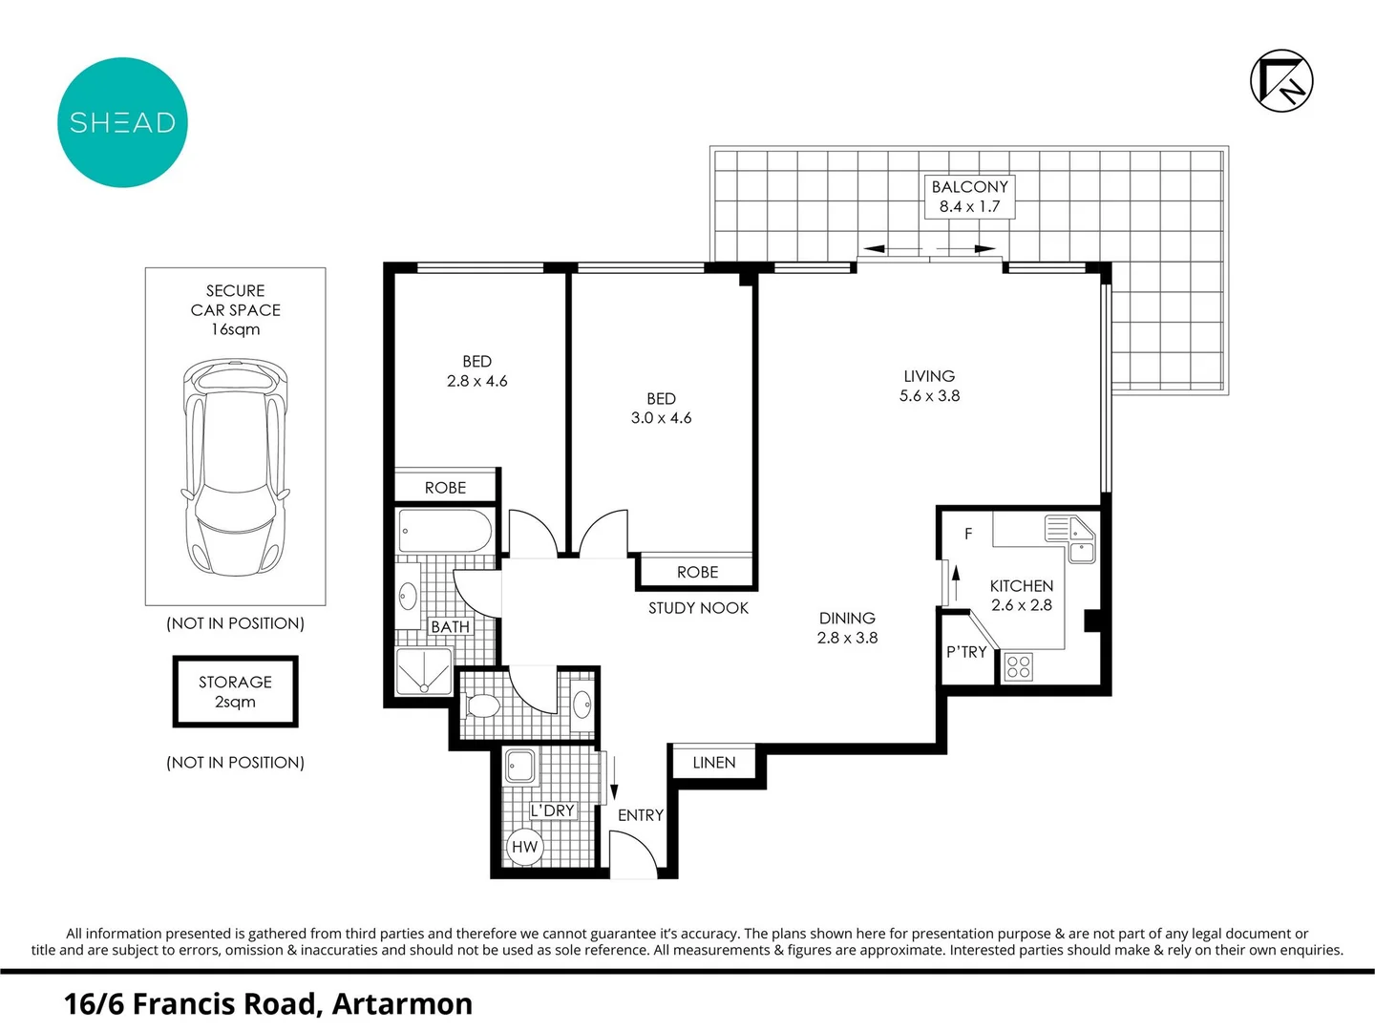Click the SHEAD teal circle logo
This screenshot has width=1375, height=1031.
(122, 122)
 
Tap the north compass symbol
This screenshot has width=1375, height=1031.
(1281, 81)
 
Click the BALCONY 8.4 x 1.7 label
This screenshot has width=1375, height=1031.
(969, 197)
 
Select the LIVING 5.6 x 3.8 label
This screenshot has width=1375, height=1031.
(929, 386)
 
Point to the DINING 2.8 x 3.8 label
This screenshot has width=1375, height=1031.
(847, 628)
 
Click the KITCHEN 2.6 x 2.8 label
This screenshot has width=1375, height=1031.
(1021, 595)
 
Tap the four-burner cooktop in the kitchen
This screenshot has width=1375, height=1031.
(1019, 666)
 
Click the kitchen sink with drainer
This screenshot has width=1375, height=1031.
(1070, 538)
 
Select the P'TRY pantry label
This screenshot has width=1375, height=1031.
(966, 652)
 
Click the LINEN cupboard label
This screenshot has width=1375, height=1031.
(714, 763)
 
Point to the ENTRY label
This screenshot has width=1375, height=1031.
(640, 815)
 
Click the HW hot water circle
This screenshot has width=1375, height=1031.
(524, 847)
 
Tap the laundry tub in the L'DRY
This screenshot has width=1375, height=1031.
(520, 766)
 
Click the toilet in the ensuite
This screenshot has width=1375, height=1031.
(482, 706)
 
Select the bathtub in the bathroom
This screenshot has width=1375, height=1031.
(445, 531)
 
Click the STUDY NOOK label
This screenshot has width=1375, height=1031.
(698, 608)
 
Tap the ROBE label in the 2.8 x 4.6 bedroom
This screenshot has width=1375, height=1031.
(445, 488)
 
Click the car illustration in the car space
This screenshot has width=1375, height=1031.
(235, 468)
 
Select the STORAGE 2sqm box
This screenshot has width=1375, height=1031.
(235, 692)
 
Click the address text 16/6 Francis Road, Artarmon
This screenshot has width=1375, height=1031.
(268, 1004)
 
